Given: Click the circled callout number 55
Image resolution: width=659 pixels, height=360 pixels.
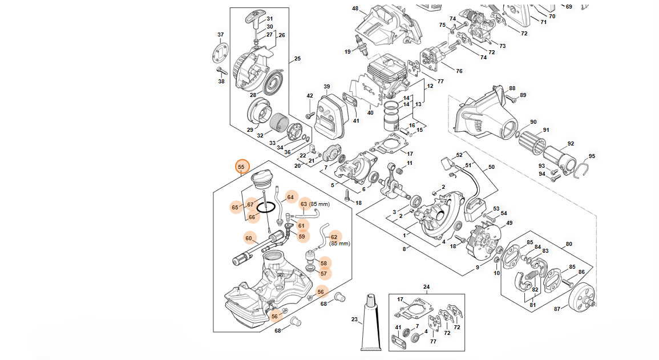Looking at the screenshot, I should point(241,167).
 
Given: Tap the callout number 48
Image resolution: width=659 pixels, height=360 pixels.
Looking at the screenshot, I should point(355,9).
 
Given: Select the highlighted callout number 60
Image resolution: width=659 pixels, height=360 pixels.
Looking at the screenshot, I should point(249,238).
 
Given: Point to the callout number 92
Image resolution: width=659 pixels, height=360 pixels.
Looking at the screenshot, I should point(571,144).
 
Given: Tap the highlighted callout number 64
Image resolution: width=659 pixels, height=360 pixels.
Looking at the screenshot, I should point(290,197).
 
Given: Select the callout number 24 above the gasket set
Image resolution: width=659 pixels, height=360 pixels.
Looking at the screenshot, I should point(426,286).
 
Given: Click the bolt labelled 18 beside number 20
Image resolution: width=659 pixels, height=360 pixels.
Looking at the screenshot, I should point(347,194).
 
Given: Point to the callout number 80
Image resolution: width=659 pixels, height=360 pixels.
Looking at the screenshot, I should point(568,245).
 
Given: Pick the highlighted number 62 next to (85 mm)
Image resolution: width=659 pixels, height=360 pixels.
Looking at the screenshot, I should point(334,237).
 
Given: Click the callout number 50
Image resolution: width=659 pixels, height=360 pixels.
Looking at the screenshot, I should point(491,168).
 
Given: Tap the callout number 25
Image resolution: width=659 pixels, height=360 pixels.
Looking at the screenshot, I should point(297,58).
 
